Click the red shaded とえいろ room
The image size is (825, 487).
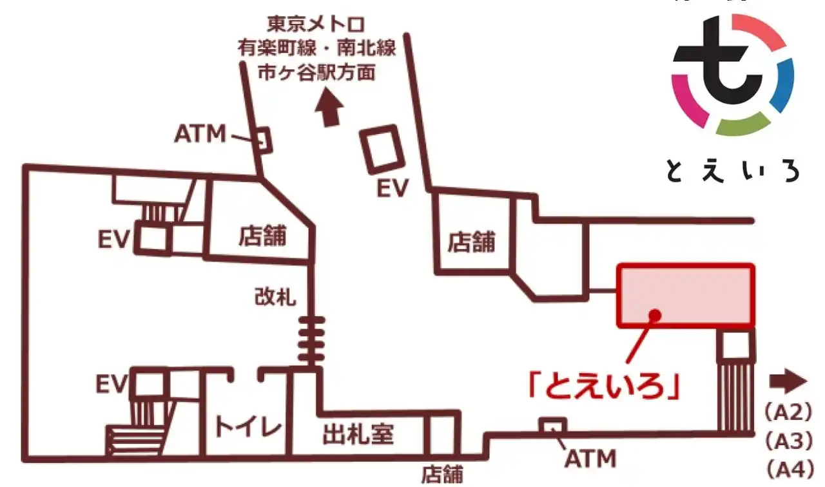click(686, 295)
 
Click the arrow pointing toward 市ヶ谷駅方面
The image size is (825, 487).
click(329, 110)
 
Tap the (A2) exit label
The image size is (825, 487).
click(787, 412)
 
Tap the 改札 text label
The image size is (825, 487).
click(275, 298)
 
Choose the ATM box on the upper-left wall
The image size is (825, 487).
click(262, 140)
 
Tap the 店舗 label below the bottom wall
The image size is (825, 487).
click(442, 475)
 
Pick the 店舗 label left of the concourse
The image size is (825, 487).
click(262, 235)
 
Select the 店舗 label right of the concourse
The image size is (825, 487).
click(472, 242)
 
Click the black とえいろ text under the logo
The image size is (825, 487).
click(732, 170)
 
